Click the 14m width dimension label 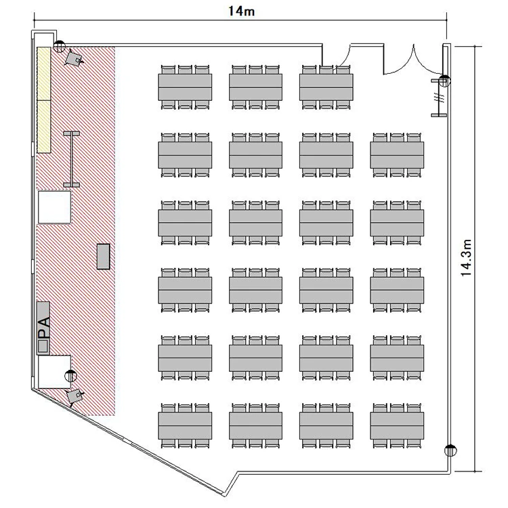pyautogui.click(x=241, y=11)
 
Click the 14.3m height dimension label pyautogui.click(x=466, y=258)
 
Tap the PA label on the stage pyautogui.click(x=45, y=326)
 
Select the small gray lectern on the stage pyautogui.click(x=104, y=256)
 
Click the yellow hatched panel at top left pyautogui.click(x=44, y=100)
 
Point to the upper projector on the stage pyautogui.click(x=74, y=58)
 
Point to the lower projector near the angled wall pyautogui.click(x=75, y=396)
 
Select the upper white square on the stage pyautogui.click(x=54, y=207)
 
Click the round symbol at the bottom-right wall pyautogui.click(x=450, y=450)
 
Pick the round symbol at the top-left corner pyautogui.click(x=60, y=47)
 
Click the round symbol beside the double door pyautogui.click(x=444, y=81)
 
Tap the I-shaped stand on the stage pyautogui.click(x=71, y=159)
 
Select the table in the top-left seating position pyautogui.click(x=185, y=87)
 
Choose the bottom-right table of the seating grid pyautogui.click(x=397, y=426)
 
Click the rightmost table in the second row pyautogui.click(x=397, y=155)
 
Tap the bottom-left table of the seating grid pyautogui.click(x=185, y=426)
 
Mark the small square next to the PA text pyautogui.click(x=43, y=345)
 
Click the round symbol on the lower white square pyautogui.click(x=70, y=376)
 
